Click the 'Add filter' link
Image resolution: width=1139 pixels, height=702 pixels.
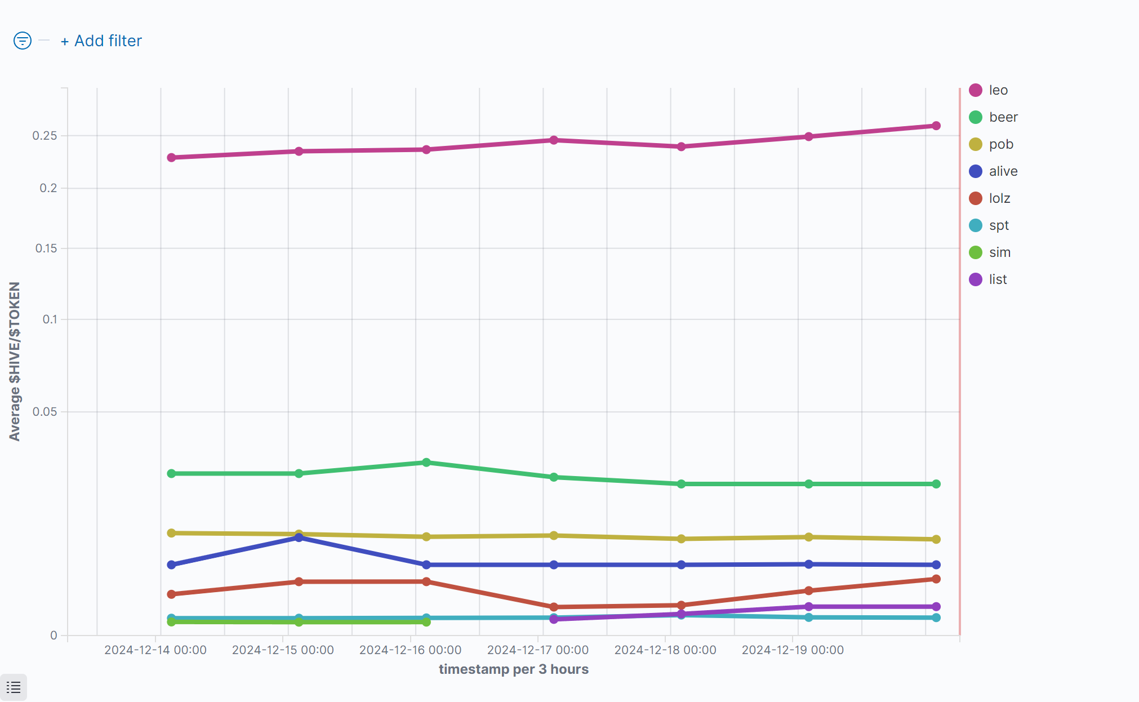pos(101,41)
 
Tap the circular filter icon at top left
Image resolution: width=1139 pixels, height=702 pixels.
pos(23,41)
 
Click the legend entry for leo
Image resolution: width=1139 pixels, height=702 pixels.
pos(998,90)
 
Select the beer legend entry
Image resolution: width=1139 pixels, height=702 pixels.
pos(1003,117)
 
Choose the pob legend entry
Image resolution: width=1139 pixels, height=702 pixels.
pos(1000,144)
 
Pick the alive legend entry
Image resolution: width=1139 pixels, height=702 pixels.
pos(1003,171)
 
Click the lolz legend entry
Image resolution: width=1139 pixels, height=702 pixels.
pos(999,198)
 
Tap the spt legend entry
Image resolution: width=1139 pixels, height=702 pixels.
pos(999,225)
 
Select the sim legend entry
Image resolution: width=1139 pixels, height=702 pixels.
pos(999,252)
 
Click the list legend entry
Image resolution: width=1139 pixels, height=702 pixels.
pos(998,279)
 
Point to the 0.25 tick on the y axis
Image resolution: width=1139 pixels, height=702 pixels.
pos(45,136)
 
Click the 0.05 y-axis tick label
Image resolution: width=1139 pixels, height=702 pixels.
pos(45,412)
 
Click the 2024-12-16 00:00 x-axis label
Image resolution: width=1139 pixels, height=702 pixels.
pos(410,650)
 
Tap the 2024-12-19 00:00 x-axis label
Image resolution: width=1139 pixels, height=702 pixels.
pos(793,650)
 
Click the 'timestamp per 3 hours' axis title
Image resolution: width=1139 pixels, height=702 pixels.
pos(513,669)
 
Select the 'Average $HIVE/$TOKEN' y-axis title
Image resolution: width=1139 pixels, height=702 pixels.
pos(15,361)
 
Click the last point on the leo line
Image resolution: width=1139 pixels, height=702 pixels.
pos(936,126)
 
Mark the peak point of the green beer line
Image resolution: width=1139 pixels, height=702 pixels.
pos(426,463)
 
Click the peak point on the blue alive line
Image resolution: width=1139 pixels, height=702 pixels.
pos(299,537)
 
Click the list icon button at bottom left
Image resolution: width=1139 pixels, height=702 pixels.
pos(14,687)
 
